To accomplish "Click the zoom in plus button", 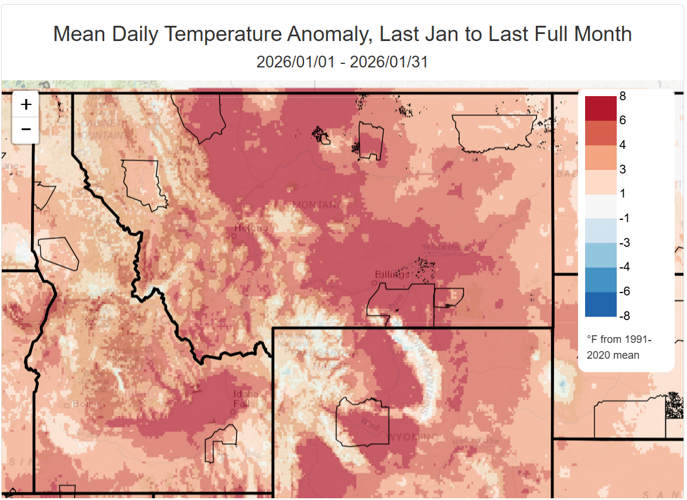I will (x=26, y=105).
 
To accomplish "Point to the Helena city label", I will (x=251, y=228).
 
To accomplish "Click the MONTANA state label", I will (x=316, y=205).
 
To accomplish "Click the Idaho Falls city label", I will (x=245, y=399).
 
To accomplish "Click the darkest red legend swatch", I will (x=600, y=108).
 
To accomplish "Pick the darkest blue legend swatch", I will (x=600, y=304).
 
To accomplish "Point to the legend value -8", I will (x=624, y=316).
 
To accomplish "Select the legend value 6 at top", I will (x=623, y=120).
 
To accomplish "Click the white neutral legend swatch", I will (x=600, y=206).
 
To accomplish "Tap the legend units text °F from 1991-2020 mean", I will (x=618, y=347).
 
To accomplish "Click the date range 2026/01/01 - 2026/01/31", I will (x=342, y=62).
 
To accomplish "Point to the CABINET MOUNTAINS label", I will (x=103, y=129).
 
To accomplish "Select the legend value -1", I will (x=624, y=218).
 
